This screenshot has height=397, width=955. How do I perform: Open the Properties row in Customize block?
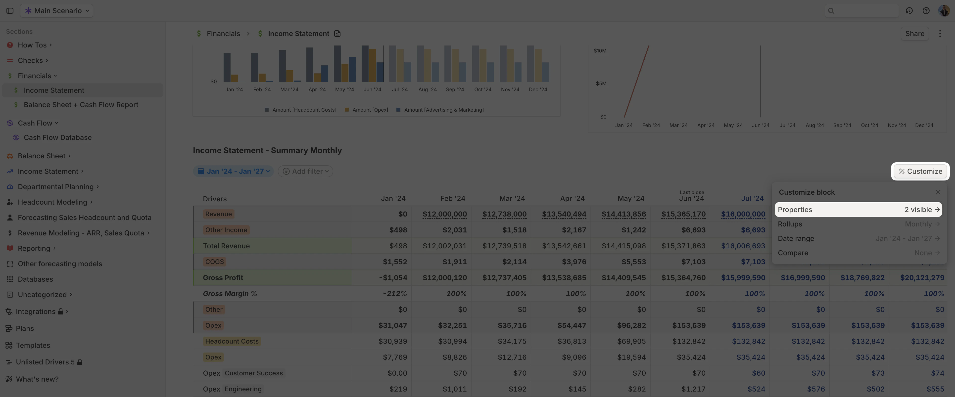click(858, 209)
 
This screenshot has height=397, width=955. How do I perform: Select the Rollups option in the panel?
click(858, 224)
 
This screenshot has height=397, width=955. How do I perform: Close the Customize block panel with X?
click(938, 192)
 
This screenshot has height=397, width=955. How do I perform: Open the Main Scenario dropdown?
click(57, 11)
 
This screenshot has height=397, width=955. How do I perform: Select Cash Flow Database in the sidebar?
click(57, 137)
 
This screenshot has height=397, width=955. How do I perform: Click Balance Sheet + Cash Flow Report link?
click(81, 105)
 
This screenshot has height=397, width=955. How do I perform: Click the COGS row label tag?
click(214, 262)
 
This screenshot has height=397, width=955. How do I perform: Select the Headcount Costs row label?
click(232, 341)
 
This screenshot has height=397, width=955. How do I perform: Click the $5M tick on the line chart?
click(601, 84)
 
